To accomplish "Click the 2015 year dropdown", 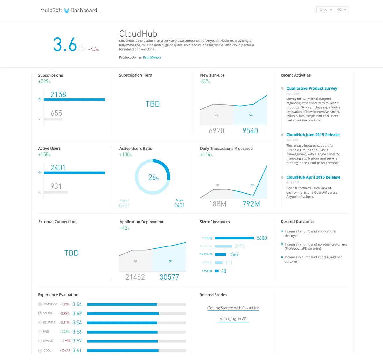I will [325, 10].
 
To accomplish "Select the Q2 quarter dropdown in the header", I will [341, 10].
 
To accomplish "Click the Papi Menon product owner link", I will [152, 57].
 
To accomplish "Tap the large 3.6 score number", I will [65, 44].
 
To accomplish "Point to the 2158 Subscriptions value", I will [58, 94].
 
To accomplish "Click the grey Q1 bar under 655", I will [53, 119].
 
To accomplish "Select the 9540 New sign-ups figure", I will [250, 131].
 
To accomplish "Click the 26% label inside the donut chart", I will [154, 177].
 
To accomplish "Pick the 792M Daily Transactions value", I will [251, 204].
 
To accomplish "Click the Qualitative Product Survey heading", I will [312, 88].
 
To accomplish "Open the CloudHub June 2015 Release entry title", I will [313, 135].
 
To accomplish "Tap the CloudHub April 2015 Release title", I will [313, 177].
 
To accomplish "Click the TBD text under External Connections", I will [71, 253].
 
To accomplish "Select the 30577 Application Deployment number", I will [169, 277].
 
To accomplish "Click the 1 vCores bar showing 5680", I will [234, 238].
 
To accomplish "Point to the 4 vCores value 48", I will [223, 271].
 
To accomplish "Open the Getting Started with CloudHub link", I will [233, 308].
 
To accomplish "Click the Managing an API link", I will [233, 319].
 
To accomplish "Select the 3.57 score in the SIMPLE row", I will [77, 341].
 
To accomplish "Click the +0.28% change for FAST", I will [65, 332].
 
